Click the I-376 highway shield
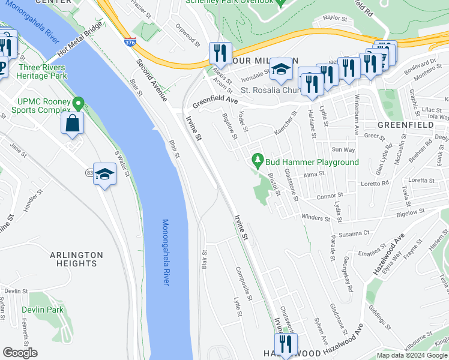tap(130, 42)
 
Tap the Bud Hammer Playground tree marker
tap(258, 160)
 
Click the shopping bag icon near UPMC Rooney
tap(72, 124)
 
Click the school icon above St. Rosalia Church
tap(280, 69)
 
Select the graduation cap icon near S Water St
tap(104, 174)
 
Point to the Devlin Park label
tap(42, 310)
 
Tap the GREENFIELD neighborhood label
tap(406, 125)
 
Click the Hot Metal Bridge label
tap(76, 42)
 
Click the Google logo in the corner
tap(20, 353)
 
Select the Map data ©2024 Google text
tap(412, 355)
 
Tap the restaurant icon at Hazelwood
tap(285, 344)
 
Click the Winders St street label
tap(316, 218)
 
